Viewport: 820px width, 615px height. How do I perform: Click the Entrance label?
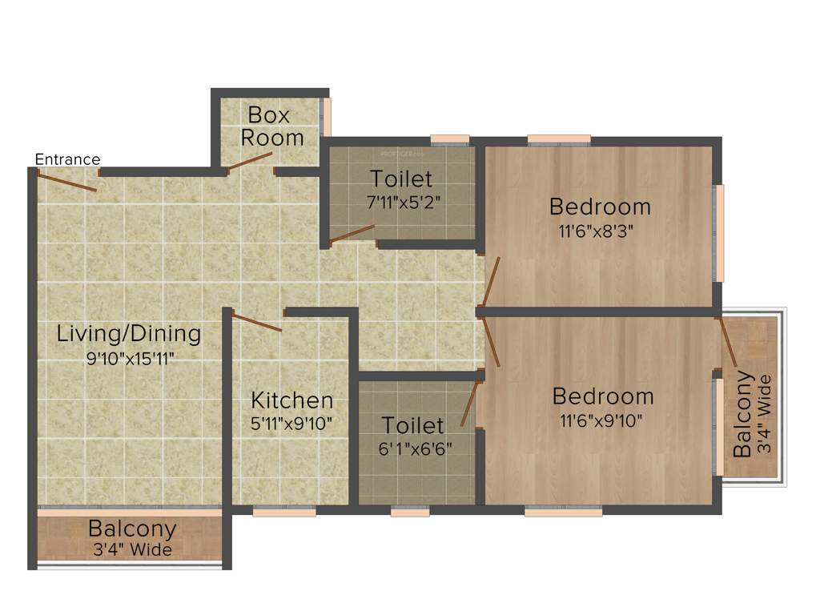click(67, 159)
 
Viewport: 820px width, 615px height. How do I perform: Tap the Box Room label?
click(271, 126)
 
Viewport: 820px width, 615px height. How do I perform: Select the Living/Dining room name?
click(129, 333)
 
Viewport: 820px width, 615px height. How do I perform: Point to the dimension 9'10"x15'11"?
click(130, 358)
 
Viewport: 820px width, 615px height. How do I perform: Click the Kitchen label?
click(292, 400)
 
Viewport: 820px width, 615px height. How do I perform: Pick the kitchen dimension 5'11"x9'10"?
click(292, 423)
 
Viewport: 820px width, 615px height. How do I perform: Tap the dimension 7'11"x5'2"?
click(401, 203)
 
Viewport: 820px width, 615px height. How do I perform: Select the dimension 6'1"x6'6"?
click(412, 448)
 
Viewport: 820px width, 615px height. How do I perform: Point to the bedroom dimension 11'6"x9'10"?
click(603, 420)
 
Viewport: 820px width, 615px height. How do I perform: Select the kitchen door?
click(257, 323)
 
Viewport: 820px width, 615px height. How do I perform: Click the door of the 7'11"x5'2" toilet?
click(352, 233)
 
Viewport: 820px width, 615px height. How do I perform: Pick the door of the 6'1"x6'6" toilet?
click(468, 404)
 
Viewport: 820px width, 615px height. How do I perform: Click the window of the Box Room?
click(327, 117)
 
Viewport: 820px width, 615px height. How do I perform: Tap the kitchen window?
click(284, 512)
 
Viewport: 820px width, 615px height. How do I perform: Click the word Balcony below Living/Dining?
click(132, 529)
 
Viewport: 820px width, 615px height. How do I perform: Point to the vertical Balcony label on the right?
click(743, 413)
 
